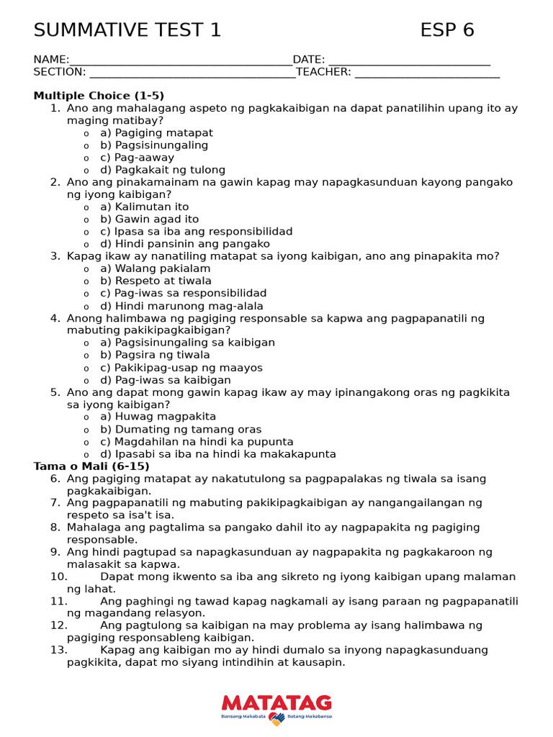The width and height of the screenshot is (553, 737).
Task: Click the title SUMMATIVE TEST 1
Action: [x=127, y=30]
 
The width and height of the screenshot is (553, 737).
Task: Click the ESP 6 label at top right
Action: [x=447, y=30]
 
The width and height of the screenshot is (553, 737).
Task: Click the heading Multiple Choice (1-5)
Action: [x=99, y=96]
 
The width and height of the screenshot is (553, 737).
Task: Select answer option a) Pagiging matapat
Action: [x=156, y=133]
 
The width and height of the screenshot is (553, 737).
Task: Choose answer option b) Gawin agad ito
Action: [x=149, y=220]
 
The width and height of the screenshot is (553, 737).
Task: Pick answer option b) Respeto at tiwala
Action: [x=156, y=281]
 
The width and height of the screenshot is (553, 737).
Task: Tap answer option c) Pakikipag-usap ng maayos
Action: [x=181, y=368]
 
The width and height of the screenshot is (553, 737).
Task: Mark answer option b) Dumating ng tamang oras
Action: [x=181, y=430]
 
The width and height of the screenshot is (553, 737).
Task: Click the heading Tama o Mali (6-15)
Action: [x=91, y=466]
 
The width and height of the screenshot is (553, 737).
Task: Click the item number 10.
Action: [x=59, y=577]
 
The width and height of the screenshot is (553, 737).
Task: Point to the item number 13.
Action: [x=59, y=651]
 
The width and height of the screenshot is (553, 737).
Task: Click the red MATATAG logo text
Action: [x=276, y=702]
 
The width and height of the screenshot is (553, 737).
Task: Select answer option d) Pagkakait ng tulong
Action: [x=163, y=171]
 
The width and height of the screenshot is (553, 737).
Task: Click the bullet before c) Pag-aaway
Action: [x=86, y=158]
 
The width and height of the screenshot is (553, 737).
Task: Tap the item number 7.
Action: [x=55, y=503]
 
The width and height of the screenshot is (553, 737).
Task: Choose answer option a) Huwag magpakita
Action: [x=158, y=417]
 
